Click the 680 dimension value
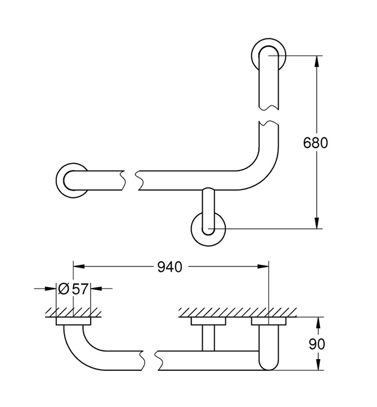coord(315,143)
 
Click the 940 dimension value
coord(170,267)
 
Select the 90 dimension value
coord(317,344)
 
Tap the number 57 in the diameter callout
coord(80,289)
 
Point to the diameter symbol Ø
coord(63,289)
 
